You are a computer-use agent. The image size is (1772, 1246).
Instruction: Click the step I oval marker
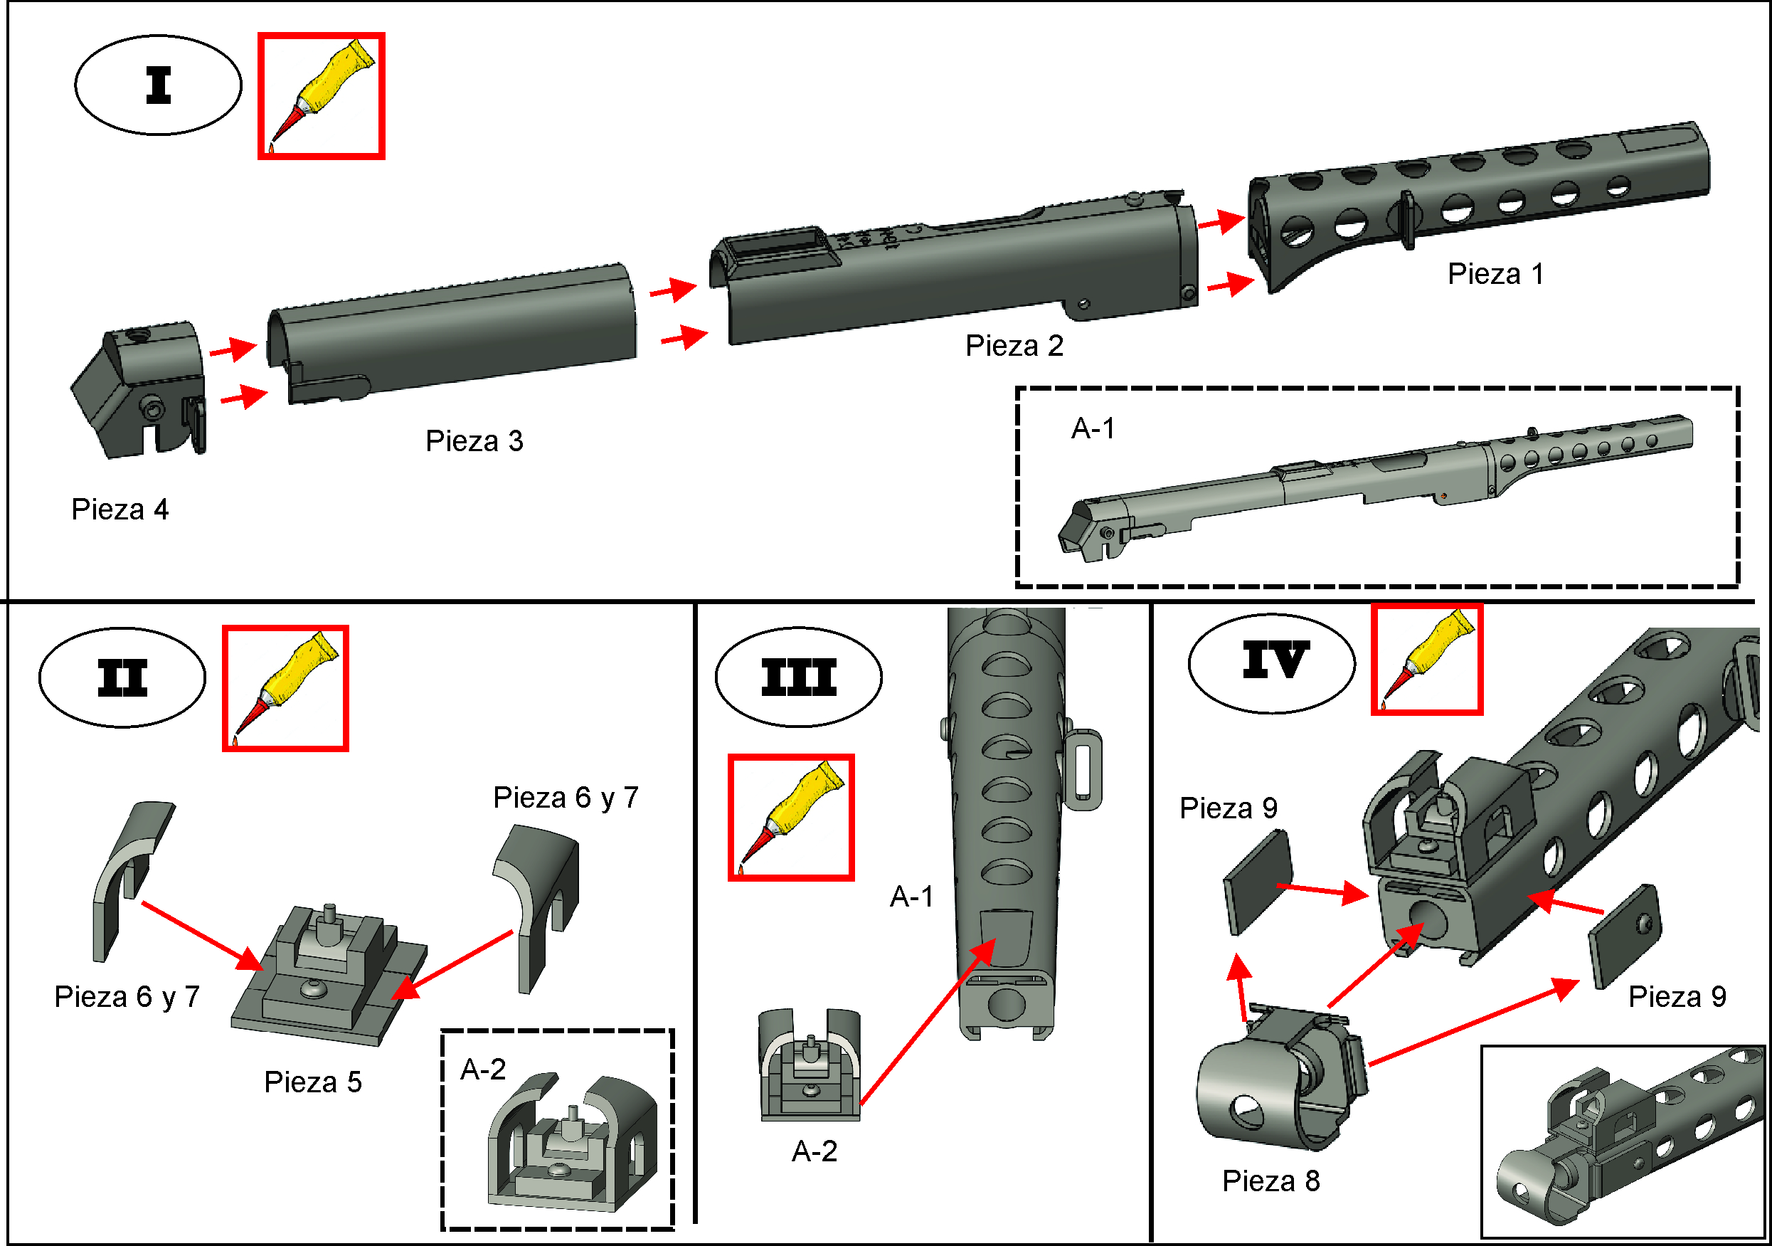158,85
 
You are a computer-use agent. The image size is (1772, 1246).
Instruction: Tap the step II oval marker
122,677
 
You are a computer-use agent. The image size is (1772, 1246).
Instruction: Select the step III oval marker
798,677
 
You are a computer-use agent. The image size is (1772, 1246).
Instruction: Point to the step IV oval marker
1271,662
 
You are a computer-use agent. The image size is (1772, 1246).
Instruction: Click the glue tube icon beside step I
321,97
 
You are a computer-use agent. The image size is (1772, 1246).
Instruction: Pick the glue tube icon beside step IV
1426,660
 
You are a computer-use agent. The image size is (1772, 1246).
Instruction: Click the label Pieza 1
1495,274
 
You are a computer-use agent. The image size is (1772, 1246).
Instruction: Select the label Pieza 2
1014,345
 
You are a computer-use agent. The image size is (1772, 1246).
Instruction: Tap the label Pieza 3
474,440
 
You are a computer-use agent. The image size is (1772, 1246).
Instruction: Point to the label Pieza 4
120,510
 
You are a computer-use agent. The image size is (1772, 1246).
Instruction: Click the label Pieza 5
312,1082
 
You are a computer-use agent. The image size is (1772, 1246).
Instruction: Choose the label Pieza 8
1270,1181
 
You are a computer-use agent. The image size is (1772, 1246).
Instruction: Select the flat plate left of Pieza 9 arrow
1256,882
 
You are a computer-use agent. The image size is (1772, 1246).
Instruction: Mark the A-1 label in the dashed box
1093,428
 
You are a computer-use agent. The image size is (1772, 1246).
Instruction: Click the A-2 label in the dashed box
483,1070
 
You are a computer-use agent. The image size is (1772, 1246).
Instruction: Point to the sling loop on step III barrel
1082,770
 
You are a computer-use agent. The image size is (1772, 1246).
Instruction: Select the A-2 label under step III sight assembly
815,1151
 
